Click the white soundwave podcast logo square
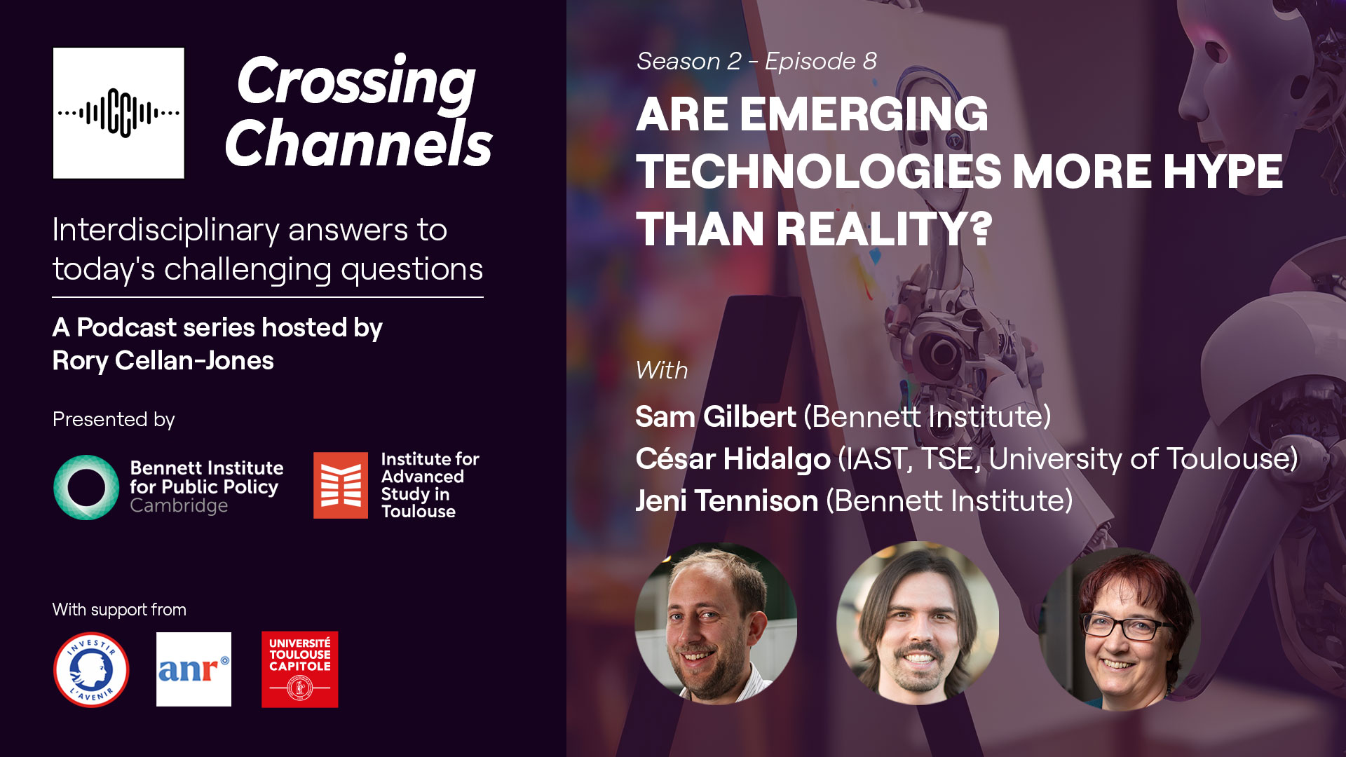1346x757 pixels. [118, 113]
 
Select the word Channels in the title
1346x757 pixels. [359, 142]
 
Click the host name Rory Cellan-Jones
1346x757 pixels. [163, 360]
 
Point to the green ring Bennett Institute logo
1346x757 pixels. [86, 487]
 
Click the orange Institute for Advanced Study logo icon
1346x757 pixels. [341, 485]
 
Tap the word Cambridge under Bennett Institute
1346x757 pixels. [179, 506]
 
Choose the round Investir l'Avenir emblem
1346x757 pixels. [91, 669]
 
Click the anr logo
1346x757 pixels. [193, 669]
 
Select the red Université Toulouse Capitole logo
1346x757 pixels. [300, 669]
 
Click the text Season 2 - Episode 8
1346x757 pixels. [756, 61]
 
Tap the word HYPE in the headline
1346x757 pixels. [1223, 172]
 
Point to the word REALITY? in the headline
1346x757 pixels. [884, 229]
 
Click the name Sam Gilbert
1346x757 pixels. [716, 416]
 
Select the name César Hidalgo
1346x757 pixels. [733, 458]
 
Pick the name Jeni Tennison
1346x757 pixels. [727, 500]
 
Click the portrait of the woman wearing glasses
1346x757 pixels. [1120, 629]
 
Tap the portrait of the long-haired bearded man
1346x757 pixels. [918, 622]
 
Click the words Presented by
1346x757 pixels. [114, 419]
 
